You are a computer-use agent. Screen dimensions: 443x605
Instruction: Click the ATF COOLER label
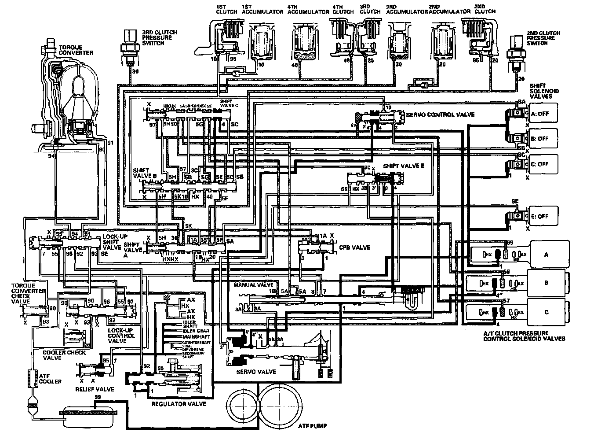pyautogui.click(x=50, y=378)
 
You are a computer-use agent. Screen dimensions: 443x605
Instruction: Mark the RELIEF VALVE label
pyautogui.click(x=95, y=389)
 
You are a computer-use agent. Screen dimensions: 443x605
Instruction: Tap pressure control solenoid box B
pyautogui.click(x=546, y=283)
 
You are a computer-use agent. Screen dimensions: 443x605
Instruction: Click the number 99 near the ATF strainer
pyautogui.click(x=97, y=398)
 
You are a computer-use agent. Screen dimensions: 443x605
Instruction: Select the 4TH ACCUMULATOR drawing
pyautogui.click(x=303, y=43)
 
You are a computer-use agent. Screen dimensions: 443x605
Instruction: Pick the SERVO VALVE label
pyautogui.click(x=256, y=372)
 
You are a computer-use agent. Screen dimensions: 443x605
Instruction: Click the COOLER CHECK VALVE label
pyautogui.click(x=64, y=355)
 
